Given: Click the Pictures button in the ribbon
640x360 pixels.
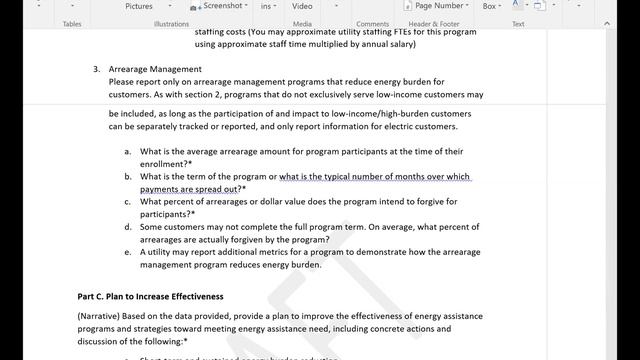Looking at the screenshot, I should coord(139,6).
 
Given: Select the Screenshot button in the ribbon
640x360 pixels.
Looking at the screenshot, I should coord(223,5).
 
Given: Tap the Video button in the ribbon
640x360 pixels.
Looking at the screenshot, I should coord(302,6).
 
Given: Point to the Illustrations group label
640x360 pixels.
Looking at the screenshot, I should coord(171,24).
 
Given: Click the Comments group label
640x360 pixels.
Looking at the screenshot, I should coord(372,24).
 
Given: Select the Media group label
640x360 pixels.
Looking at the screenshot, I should coord(302,24).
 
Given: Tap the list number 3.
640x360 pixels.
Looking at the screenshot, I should coord(96,70).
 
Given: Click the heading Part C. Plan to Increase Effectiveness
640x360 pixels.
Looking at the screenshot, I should coord(150,297).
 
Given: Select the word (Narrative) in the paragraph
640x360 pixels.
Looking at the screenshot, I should coord(100,316).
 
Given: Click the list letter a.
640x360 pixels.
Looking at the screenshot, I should coord(128,152).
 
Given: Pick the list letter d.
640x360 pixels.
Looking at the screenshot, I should coord(128,228).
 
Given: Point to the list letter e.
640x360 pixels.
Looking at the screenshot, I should coord(128,253).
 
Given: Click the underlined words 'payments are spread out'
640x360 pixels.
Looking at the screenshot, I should coord(189,189).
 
